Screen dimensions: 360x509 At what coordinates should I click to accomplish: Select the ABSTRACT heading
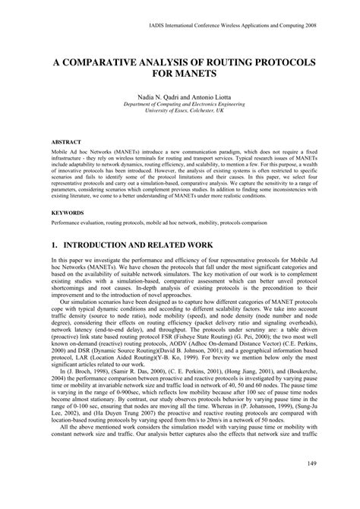(67, 141)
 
